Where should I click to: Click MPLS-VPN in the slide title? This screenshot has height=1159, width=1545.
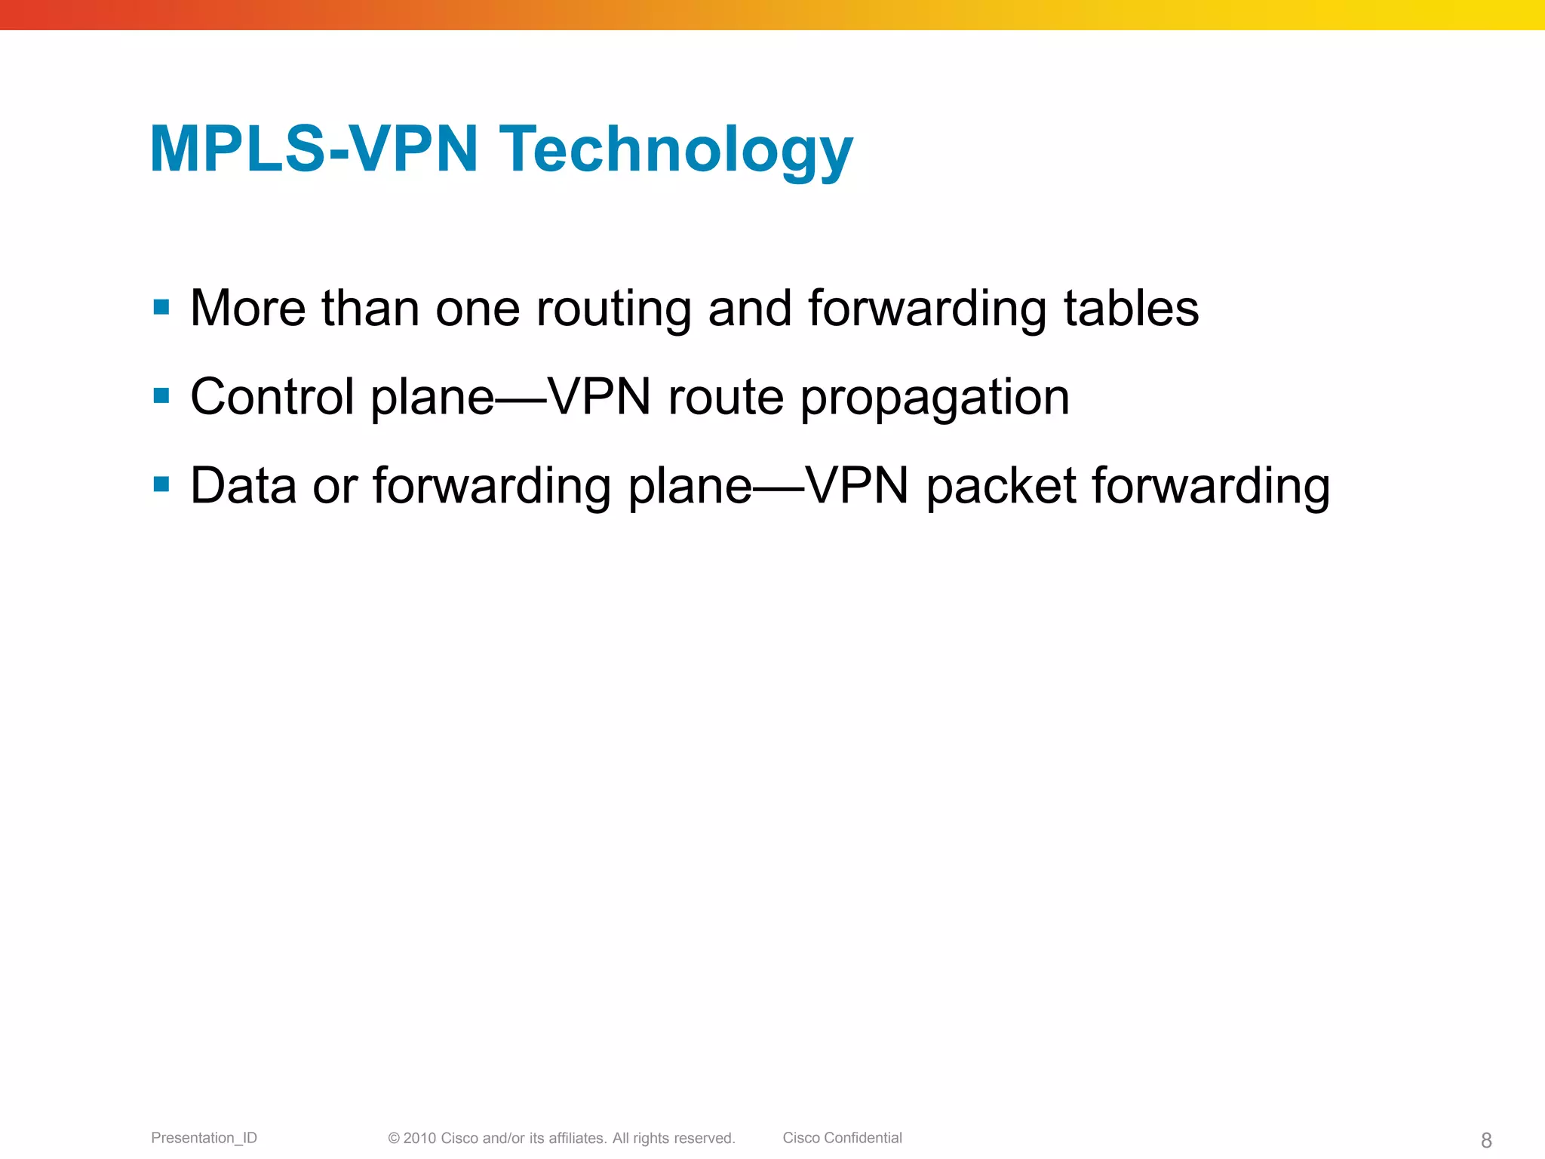314,150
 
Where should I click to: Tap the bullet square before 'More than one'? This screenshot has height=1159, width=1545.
161,307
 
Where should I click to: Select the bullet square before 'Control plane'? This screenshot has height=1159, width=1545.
161,395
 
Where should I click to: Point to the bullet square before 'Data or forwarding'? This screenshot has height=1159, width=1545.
161,484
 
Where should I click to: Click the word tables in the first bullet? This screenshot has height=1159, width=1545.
1131,309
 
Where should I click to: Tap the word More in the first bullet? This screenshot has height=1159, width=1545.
247,309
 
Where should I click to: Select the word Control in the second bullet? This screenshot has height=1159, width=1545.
272,397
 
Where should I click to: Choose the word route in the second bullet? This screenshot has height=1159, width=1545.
726,398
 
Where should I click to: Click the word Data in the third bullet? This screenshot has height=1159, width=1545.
243,486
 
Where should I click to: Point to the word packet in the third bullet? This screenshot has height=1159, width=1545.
1000,487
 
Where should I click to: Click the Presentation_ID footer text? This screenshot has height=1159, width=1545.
204,1138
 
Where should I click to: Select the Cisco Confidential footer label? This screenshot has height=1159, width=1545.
842,1138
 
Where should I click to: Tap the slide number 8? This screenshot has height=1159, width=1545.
1486,1140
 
